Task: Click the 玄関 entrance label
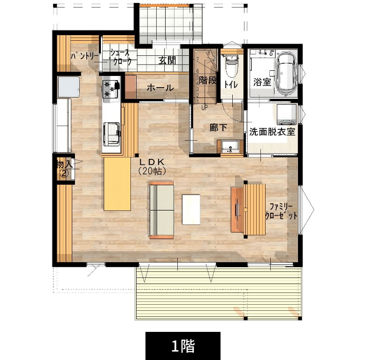click(167, 60)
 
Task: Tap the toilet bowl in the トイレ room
click(231, 66)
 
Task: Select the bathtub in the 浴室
click(286, 74)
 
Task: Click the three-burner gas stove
click(110, 89)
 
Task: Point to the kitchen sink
click(112, 134)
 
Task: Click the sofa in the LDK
click(161, 210)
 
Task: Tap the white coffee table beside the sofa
click(191, 210)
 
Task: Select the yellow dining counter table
click(117, 184)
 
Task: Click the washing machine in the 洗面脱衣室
click(286, 115)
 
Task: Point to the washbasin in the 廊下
click(230, 147)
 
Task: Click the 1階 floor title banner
click(183, 346)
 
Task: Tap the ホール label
click(160, 88)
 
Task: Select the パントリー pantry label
click(84, 56)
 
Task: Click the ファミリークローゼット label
click(282, 211)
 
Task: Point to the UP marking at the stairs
click(205, 108)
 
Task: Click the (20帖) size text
click(152, 171)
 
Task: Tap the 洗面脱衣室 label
click(272, 132)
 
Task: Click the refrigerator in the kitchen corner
click(69, 87)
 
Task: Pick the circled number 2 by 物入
click(64, 173)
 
